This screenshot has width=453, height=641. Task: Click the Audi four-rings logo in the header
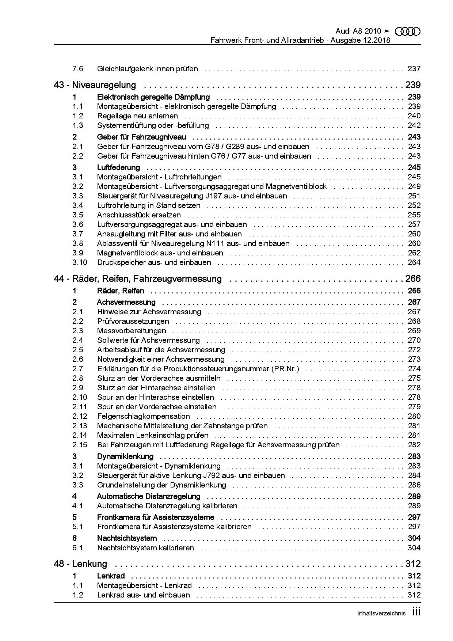click(x=408, y=32)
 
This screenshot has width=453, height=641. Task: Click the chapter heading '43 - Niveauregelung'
click(x=95, y=85)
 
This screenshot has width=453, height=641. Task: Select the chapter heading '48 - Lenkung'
click(x=80, y=564)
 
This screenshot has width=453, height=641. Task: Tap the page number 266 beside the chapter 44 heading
click(x=413, y=279)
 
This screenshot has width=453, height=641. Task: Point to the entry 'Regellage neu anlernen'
click(x=137, y=116)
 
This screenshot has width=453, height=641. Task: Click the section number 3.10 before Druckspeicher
click(x=80, y=262)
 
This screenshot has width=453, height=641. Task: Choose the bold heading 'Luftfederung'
click(x=118, y=167)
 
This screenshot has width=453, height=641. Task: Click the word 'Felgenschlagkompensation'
click(x=143, y=416)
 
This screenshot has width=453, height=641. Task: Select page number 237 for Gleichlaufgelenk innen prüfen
click(x=414, y=69)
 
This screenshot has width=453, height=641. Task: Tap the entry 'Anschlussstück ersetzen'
click(x=139, y=215)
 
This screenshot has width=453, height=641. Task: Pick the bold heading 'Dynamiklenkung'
click(x=125, y=456)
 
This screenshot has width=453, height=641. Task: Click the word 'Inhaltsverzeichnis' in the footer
click(x=381, y=614)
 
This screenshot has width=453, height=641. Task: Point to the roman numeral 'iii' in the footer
click(x=416, y=612)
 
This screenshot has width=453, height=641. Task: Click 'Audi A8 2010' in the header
click(x=358, y=31)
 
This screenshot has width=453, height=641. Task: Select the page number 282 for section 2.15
click(x=414, y=445)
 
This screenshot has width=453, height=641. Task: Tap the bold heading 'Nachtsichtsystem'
click(x=127, y=538)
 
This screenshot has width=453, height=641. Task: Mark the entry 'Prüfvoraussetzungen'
click(x=133, y=321)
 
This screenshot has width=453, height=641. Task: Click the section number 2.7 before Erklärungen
click(x=77, y=369)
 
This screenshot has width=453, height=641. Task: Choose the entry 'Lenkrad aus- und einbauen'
click(x=143, y=595)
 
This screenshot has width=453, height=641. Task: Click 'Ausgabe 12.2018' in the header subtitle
click(x=361, y=40)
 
